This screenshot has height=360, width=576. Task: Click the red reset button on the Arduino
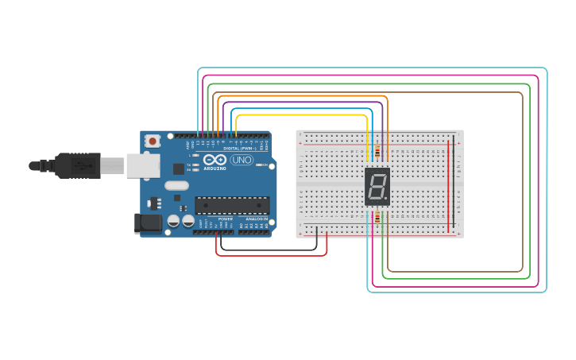[x=152, y=141]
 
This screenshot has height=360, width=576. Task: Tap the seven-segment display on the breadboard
[x=377, y=187]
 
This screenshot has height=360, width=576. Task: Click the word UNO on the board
[x=241, y=160]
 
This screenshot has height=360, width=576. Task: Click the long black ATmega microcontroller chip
[x=232, y=205]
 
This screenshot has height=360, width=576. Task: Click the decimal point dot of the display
[x=387, y=198]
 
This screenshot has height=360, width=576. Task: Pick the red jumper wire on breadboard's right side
[x=447, y=187]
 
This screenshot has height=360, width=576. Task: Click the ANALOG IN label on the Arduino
[x=257, y=219]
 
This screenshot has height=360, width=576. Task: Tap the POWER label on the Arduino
[x=225, y=219]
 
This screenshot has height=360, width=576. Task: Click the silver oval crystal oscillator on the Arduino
[x=177, y=186]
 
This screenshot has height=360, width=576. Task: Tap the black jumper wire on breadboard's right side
[x=454, y=187]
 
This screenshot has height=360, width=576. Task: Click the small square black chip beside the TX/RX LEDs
[x=178, y=168]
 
